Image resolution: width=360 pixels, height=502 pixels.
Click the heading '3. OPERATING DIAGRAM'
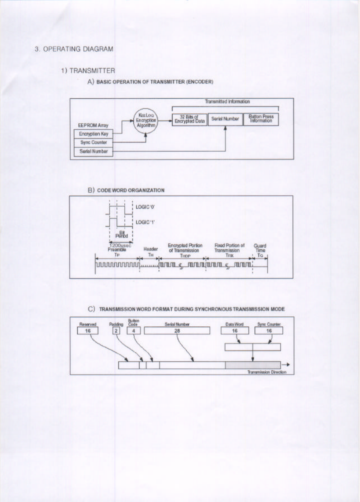(74, 49)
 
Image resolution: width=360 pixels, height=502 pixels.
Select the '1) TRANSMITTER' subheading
(88, 71)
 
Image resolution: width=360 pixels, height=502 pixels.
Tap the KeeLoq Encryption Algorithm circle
(146, 120)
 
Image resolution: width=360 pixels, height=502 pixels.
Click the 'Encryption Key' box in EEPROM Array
(93, 134)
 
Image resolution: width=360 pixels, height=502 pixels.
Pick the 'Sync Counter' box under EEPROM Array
(93, 142)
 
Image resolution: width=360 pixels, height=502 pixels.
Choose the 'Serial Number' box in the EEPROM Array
(93, 151)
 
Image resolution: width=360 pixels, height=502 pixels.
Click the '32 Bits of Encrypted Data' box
(189, 119)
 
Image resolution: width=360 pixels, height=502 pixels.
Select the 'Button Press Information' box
(261, 119)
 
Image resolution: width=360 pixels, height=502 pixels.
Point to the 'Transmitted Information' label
(227, 102)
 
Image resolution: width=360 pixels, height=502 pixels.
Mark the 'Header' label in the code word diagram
(150, 249)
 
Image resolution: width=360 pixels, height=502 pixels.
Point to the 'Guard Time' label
(260, 248)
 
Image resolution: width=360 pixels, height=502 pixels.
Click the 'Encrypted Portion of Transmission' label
(185, 248)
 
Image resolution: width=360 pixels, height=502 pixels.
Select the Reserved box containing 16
(88, 331)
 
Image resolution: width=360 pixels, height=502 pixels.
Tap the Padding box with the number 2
(117, 331)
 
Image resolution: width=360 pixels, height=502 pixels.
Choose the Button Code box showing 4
(133, 331)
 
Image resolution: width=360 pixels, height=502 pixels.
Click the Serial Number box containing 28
(177, 331)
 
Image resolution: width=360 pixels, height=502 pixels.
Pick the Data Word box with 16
(235, 331)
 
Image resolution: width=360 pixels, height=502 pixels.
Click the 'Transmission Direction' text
(267, 372)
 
